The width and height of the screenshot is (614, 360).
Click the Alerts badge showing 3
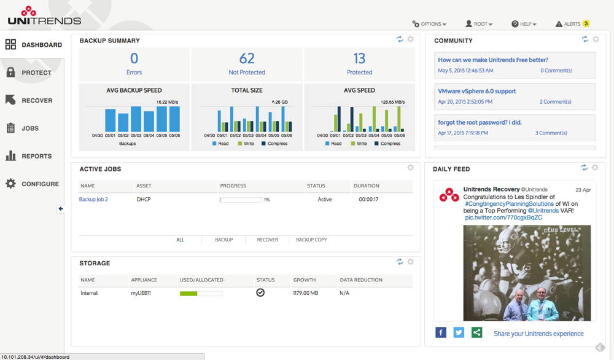point(586,24)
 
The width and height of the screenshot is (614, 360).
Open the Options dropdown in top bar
point(429,24)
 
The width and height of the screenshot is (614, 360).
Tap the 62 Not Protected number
point(247,59)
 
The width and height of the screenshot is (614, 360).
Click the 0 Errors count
point(134,59)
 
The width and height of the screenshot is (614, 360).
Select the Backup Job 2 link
point(93,200)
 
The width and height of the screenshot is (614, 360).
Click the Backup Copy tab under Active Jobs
point(311,240)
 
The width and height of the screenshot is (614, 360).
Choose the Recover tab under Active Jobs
point(267,240)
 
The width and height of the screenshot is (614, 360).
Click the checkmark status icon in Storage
point(260,293)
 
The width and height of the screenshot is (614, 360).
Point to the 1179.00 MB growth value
point(306,293)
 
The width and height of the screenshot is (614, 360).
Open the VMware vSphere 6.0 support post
point(476,91)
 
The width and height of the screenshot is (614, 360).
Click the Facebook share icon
point(441,332)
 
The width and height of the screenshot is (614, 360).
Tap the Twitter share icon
point(459,332)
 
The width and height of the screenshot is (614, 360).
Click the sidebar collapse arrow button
point(61,209)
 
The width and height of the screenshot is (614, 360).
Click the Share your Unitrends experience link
point(538,334)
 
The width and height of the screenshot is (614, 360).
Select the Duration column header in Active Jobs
point(366,186)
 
